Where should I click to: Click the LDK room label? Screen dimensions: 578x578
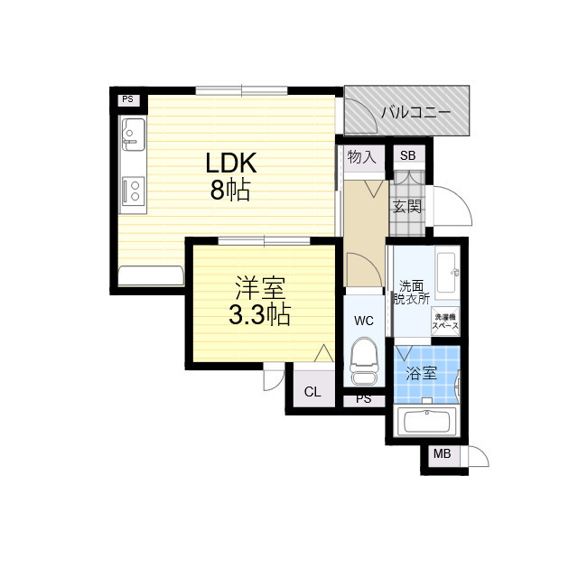(232, 163)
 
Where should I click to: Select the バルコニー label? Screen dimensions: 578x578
(415, 113)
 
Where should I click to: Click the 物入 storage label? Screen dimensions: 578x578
(361, 157)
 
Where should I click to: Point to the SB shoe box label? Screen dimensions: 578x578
(408, 155)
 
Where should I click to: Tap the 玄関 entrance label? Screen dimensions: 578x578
(406, 206)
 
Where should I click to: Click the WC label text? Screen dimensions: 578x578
(364, 321)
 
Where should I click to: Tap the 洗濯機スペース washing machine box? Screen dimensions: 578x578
(446, 320)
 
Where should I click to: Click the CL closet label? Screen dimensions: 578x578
(312, 392)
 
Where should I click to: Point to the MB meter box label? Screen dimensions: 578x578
(443, 455)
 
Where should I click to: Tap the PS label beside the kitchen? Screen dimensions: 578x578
(127, 99)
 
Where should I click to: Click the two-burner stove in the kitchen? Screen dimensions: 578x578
(133, 191)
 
